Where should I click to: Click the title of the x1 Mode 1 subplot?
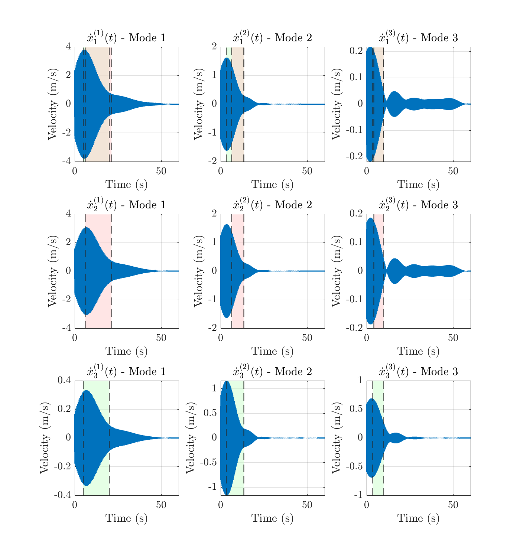[126, 38]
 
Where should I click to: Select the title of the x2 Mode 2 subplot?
[272, 205]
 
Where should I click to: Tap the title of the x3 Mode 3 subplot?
[418, 371]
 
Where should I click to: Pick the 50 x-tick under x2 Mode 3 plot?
[453, 338]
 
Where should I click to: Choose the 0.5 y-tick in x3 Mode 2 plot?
[211, 413]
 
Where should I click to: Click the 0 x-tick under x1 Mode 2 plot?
[221, 171]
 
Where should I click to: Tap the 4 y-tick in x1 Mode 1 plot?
[68, 46]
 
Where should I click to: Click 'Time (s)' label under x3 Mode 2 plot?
[272, 518]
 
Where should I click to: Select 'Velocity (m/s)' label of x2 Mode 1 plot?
[53, 271]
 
